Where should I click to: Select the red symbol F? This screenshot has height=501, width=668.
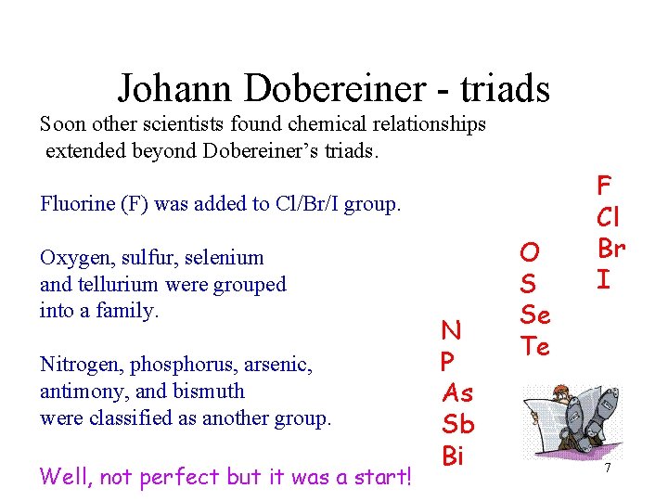(604, 185)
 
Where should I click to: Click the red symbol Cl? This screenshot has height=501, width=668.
(609, 216)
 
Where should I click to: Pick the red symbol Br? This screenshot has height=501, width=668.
(610, 248)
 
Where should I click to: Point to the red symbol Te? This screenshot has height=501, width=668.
(535, 347)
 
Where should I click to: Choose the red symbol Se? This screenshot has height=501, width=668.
(535, 315)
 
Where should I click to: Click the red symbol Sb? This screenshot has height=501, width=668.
(458, 425)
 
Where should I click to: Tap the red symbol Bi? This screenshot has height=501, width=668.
(453, 456)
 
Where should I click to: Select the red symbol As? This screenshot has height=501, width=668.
(458, 393)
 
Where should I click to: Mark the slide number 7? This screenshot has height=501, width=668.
(608, 469)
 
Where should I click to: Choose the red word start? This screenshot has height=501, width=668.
(379, 477)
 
